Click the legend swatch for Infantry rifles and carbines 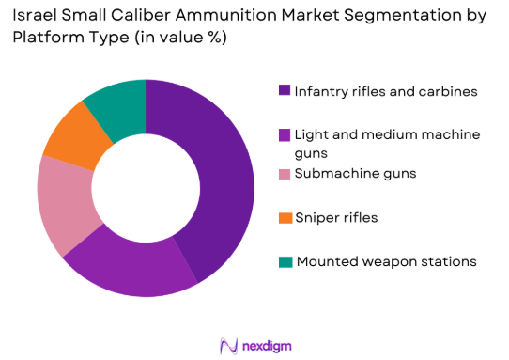[284, 91]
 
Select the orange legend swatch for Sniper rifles [284, 218]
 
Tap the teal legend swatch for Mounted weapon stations [284, 260]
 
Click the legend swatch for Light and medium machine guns [284, 134]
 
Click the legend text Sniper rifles [336, 218]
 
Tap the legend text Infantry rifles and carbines [386, 91]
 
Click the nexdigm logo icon [227, 344]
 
